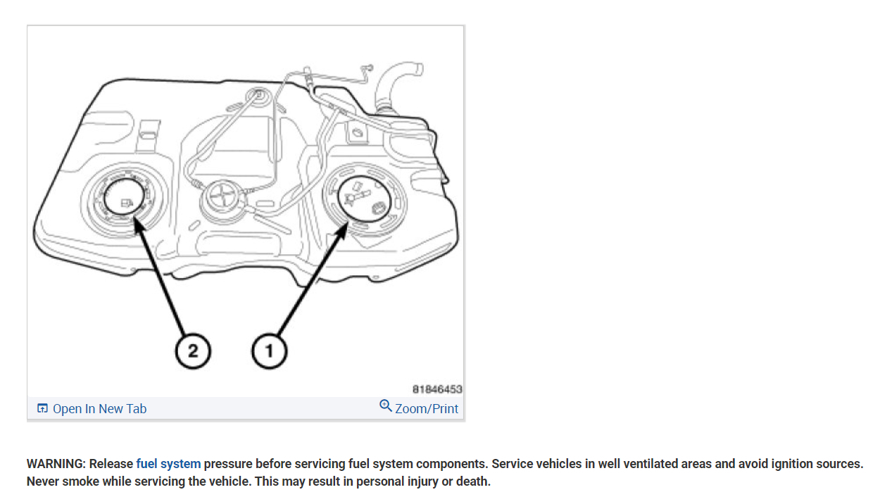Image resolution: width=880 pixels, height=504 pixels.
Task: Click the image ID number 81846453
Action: coord(437,389)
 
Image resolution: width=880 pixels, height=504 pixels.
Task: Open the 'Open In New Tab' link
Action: coord(99,409)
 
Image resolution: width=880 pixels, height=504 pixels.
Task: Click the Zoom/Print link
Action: coord(427,409)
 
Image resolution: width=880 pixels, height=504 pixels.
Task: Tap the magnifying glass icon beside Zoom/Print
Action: coord(385,406)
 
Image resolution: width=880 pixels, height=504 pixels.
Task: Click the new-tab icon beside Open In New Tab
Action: coord(42,409)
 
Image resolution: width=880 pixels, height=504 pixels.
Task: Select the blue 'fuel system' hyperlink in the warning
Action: coord(168,464)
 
